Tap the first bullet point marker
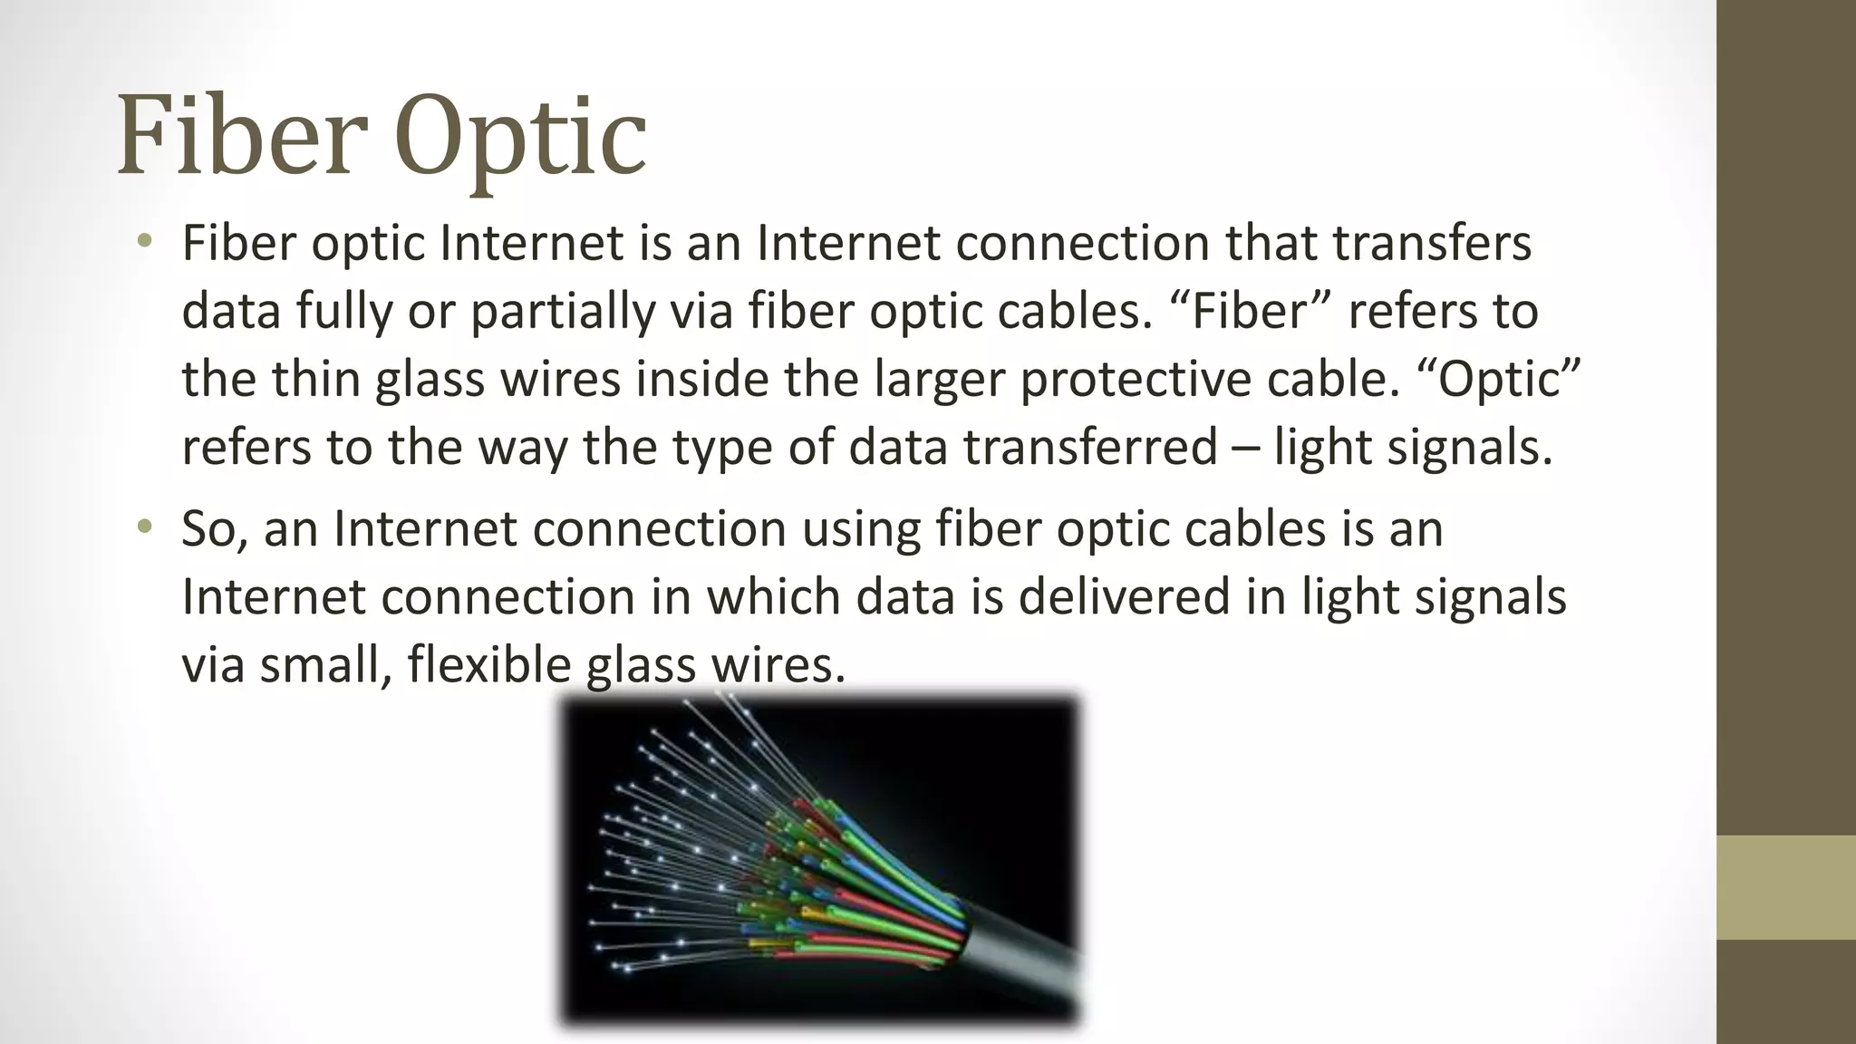click(x=144, y=241)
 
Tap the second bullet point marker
click(x=144, y=527)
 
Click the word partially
click(x=561, y=311)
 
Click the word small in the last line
click(x=325, y=664)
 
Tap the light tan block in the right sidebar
click(x=1786, y=887)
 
